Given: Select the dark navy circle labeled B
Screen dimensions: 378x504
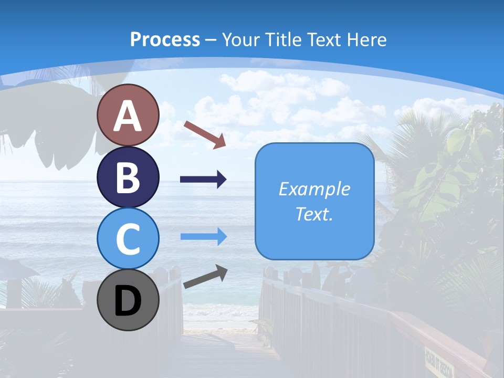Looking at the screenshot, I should pos(128,177).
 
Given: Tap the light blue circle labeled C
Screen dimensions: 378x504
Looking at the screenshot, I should pos(128,238).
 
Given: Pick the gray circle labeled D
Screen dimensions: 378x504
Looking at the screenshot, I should pos(128,300).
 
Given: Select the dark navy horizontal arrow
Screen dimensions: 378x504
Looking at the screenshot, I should pos(203,180).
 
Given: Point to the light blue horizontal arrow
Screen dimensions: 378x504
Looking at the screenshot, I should pos(203,236).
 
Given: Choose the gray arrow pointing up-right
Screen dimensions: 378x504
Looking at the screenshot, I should pos(205,277).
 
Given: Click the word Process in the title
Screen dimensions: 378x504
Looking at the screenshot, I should pos(165,39).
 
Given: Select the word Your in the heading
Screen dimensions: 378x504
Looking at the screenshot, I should pos(241,39).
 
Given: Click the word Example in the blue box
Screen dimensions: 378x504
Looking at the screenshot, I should pos(314,189).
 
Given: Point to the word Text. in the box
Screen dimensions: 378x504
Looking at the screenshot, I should pos(314,214).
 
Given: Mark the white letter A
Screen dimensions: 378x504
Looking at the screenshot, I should pos(128,117).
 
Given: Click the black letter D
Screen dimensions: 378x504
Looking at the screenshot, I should pos(128,302).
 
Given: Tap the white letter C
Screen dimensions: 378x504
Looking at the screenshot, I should pos(128,239).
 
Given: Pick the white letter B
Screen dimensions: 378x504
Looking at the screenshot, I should pos(128,177).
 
